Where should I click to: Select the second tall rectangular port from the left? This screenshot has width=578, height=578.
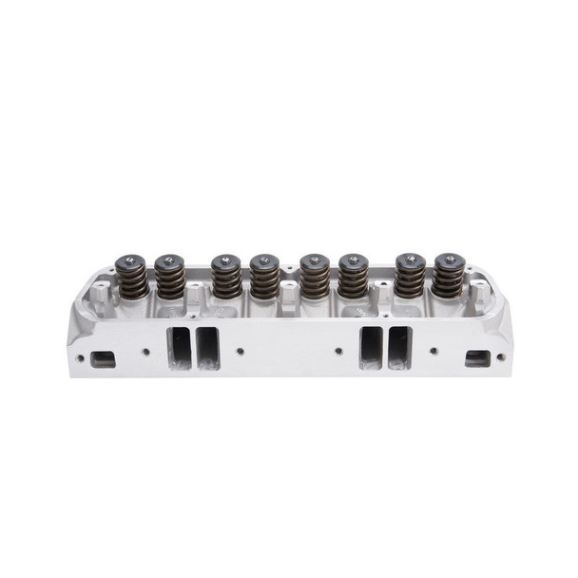tap(208, 348)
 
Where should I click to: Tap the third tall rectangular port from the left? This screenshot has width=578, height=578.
tap(371, 348)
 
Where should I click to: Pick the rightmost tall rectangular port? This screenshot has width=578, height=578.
tap(400, 348)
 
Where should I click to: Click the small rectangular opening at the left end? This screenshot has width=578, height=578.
tap(103, 358)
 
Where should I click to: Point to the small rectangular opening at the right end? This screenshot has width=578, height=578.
tap(475, 358)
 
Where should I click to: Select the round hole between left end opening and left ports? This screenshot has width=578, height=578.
tap(145, 351)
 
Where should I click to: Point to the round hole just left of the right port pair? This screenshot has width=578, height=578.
tap(339, 351)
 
